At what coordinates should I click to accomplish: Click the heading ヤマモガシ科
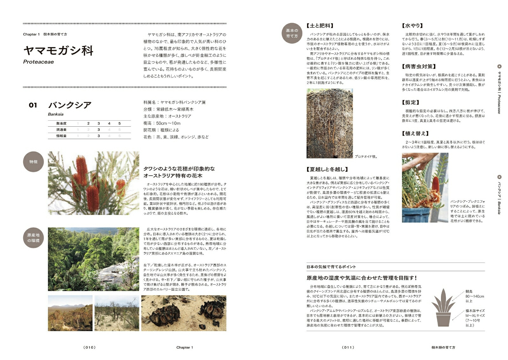[58, 50]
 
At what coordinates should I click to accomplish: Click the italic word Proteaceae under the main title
[38, 62]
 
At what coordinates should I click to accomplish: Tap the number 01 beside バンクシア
[33, 105]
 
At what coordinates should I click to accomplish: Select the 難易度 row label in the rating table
[61, 123]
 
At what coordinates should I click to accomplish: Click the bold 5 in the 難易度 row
[119, 123]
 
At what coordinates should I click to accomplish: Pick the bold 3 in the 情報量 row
[99, 136]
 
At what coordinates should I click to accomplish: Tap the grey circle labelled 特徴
[33, 162]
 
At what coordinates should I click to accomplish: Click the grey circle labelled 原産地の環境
[33, 238]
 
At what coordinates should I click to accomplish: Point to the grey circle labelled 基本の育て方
[292, 33]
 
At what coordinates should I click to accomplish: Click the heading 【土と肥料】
[320, 26]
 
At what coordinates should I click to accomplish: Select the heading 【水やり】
[412, 26]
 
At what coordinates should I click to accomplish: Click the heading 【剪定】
[411, 102]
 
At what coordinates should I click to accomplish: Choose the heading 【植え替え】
[415, 133]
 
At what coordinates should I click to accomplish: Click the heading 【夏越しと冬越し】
[327, 169]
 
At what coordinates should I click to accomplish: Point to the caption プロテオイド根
[366, 157]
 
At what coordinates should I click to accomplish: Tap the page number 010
[89, 347]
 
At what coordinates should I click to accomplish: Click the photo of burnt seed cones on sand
[184, 313]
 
